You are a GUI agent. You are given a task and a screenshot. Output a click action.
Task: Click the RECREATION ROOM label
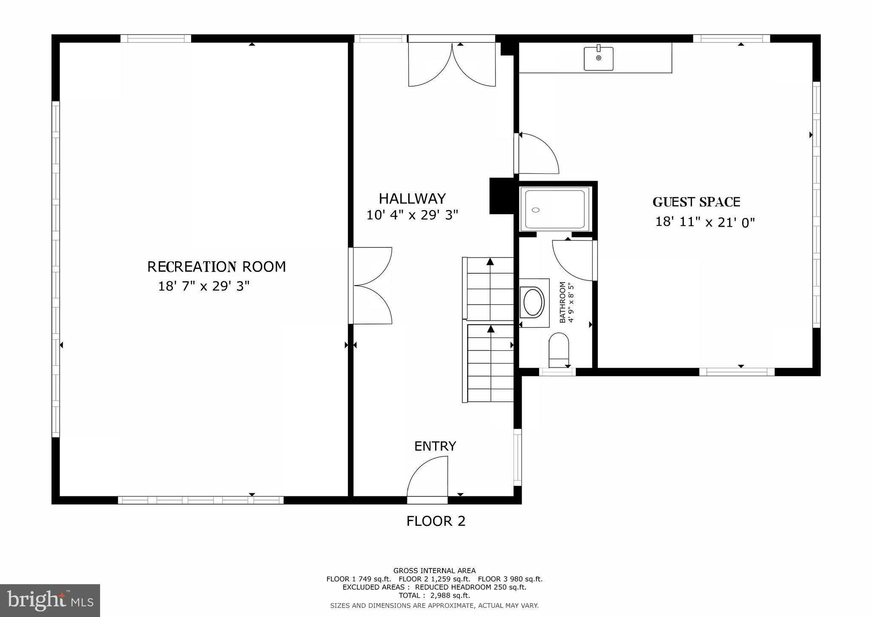pyautogui.click(x=216, y=267)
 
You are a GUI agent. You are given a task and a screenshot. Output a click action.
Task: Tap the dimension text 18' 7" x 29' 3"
pyautogui.click(x=204, y=286)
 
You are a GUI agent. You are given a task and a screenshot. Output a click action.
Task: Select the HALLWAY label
pyautogui.click(x=412, y=199)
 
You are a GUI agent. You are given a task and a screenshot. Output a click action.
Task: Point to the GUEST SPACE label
pyautogui.click(x=696, y=202)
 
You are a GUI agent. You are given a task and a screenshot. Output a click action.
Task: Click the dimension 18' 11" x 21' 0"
pyautogui.click(x=705, y=222)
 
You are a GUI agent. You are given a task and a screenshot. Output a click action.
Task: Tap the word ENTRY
pyautogui.click(x=435, y=446)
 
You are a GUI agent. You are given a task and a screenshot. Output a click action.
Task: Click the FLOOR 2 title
pyautogui.click(x=436, y=521)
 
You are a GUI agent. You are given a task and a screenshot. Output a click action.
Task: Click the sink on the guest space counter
pyautogui.click(x=598, y=59)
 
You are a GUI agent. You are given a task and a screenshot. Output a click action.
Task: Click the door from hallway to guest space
pyautogui.click(x=537, y=153)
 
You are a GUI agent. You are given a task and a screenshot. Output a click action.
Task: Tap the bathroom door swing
pyautogui.click(x=573, y=260)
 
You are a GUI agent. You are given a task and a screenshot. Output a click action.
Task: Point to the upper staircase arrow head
pyautogui.click(x=490, y=262)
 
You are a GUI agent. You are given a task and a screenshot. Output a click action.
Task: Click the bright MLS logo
pyautogui.click(x=50, y=600)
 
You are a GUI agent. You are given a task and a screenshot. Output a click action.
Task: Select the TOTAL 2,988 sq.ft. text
pyautogui.click(x=434, y=596)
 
